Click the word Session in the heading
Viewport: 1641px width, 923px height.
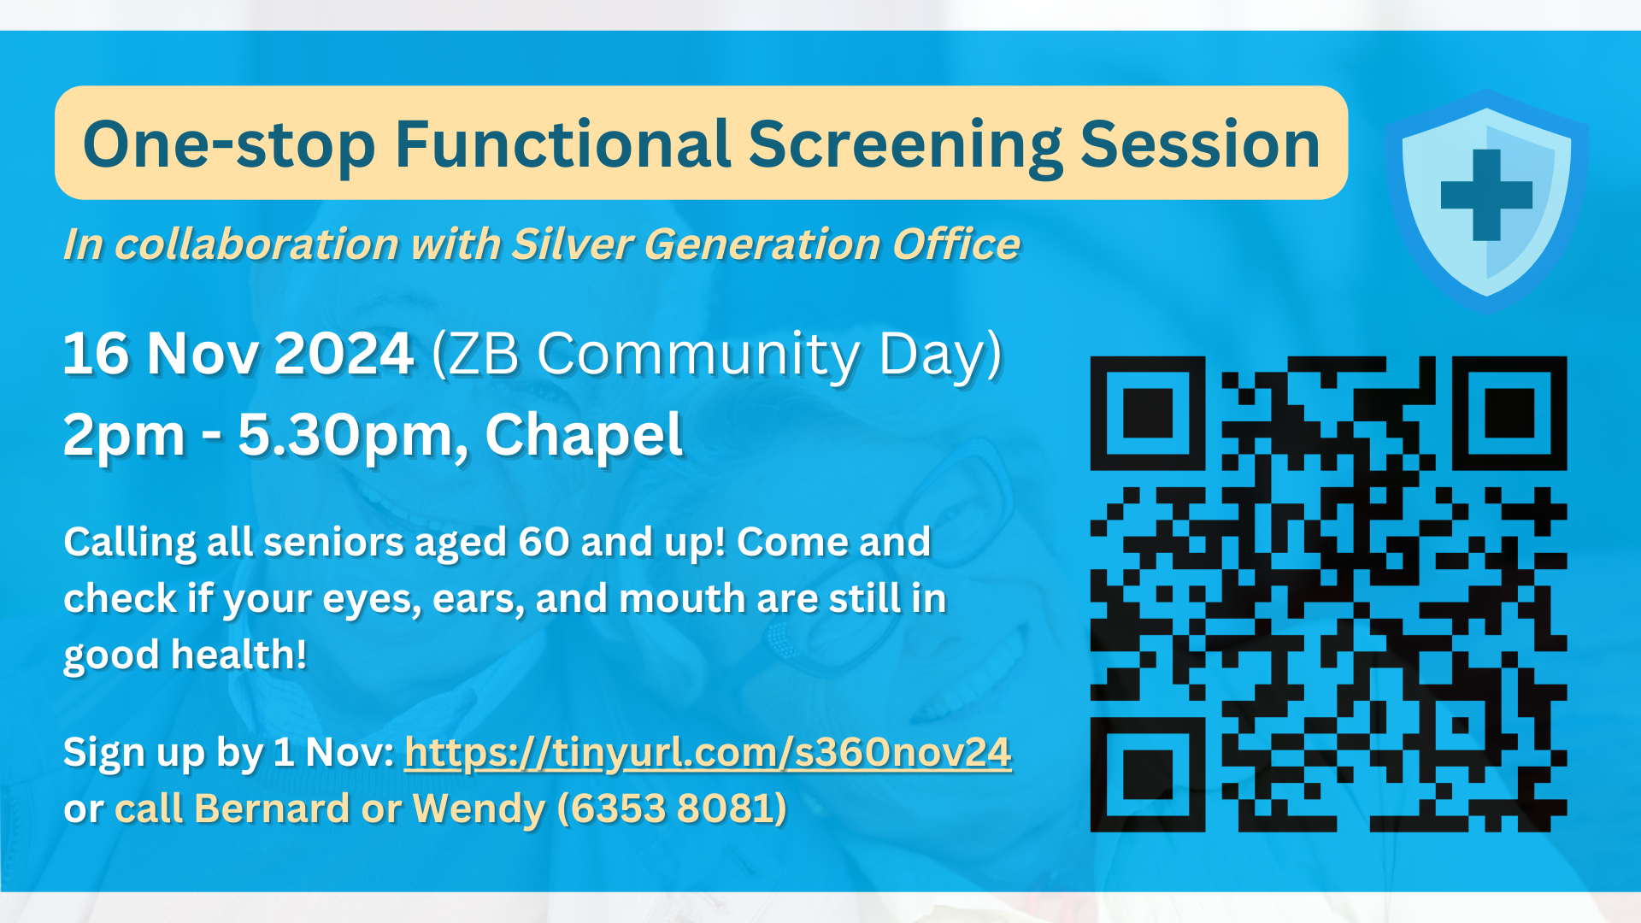[x=1201, y=144]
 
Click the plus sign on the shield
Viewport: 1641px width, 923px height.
[x=1486, y=195]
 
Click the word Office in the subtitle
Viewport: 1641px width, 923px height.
[x=956, y=244]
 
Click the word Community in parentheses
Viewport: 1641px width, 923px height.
[x=700, y=354]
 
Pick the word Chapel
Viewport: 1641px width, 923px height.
[x=584, y=435]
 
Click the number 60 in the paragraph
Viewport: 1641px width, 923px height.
[x=544, y=542]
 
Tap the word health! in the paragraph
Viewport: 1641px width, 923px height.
[x=238, y=655]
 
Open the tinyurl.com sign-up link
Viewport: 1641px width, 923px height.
[x=708, y=753]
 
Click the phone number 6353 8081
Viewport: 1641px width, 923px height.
[x=672, y=808]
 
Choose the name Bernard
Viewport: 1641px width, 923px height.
[x=273, y=808]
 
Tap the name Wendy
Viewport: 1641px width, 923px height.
[x=479, y=809]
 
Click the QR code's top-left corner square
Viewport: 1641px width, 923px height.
[x=1147, y=413]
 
